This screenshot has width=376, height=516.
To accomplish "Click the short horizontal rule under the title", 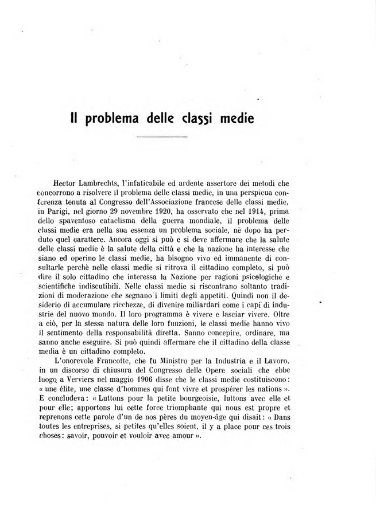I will tap(162, 137).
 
